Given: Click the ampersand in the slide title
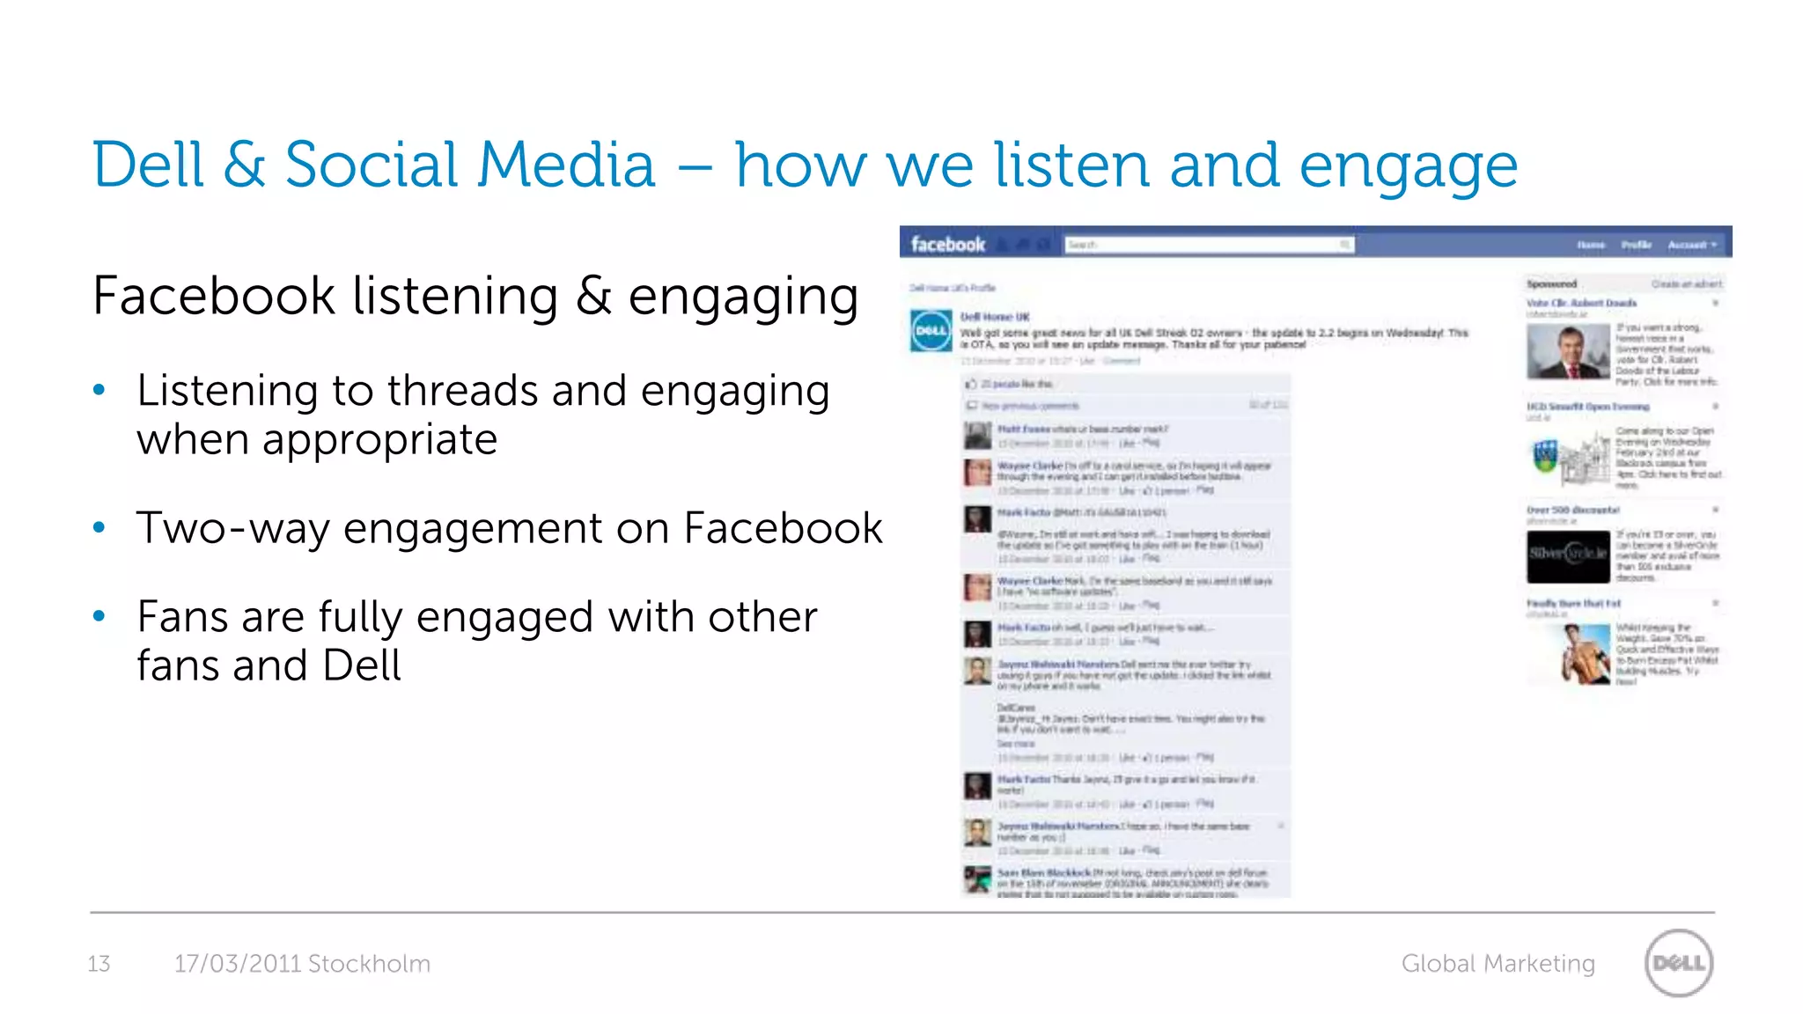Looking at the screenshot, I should tap(244, 165).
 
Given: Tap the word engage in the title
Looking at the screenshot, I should tap(1409, 167).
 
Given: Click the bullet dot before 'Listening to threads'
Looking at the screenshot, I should tap(99, 390).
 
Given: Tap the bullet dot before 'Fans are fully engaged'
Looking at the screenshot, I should tap(99, 616).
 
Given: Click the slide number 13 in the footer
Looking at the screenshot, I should tap(99, 964).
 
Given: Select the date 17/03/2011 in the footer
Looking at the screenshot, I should tap(238, 964).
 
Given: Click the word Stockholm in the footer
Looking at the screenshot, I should tap(369, 964).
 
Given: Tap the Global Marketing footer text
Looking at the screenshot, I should tap(1498, 964).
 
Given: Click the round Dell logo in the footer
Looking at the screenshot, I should tap(1679, 963).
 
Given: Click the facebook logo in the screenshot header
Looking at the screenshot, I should tap(948, 244).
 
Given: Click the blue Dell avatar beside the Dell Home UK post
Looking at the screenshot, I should tap(931, 331).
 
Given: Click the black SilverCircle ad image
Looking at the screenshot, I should tap(1568, 556).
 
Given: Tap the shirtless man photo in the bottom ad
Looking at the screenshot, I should tap(1585, 654).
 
